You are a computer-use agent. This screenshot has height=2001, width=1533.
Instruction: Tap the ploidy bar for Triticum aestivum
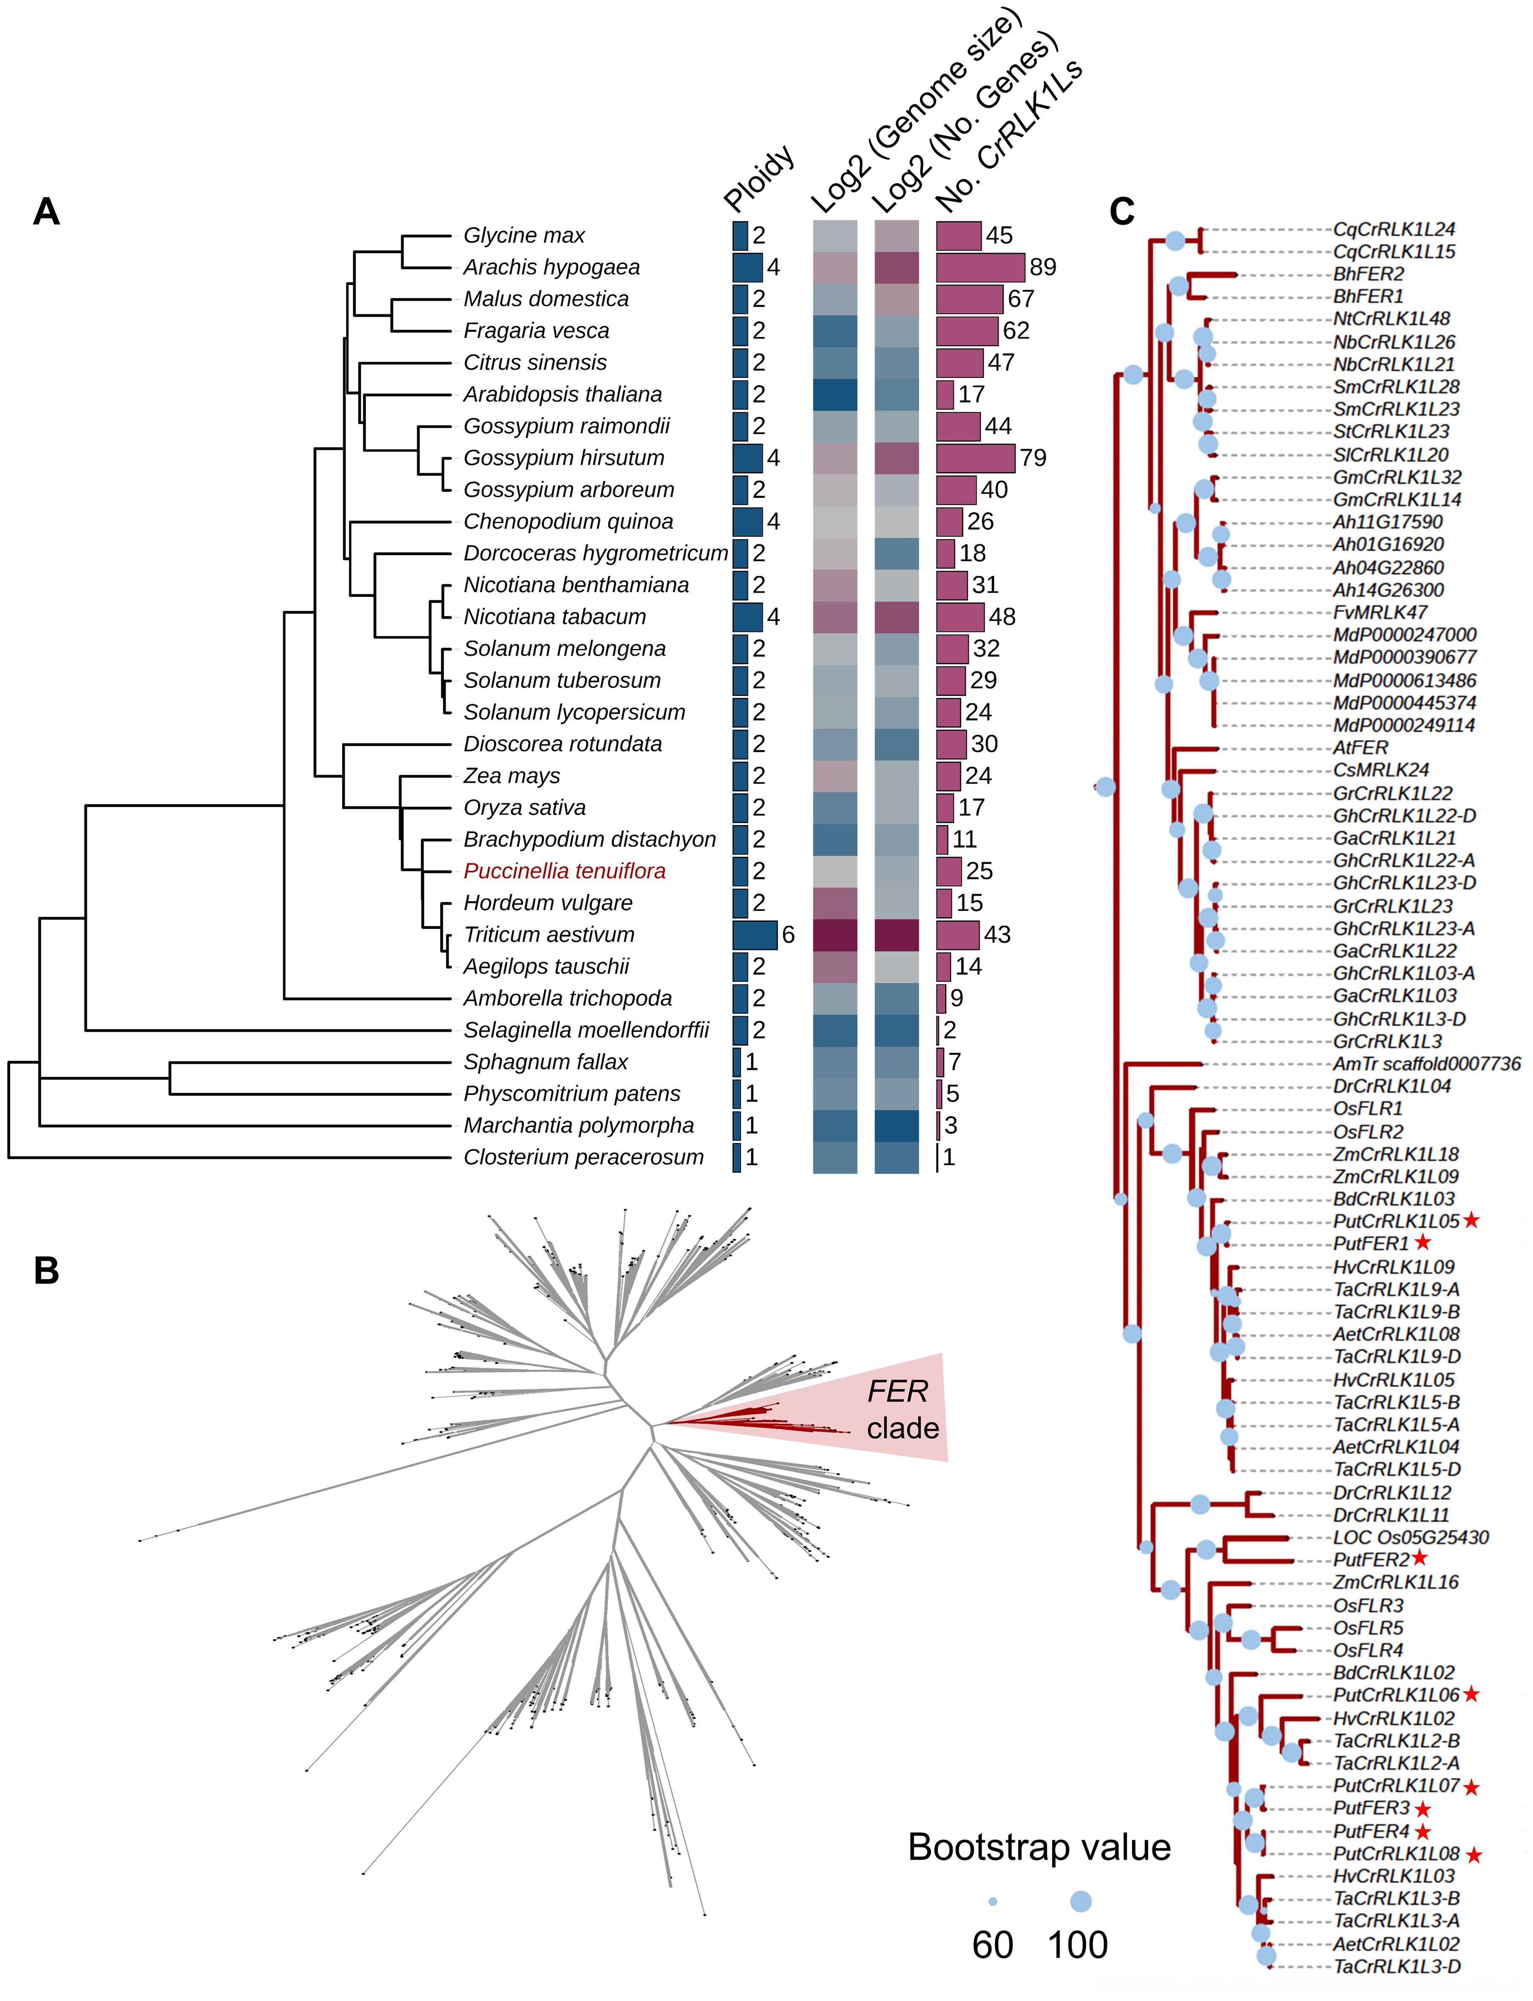(755, 934)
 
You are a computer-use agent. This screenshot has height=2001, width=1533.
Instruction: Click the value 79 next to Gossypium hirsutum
(1033, 458)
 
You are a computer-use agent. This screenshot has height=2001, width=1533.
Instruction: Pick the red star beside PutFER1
(1422, 1243)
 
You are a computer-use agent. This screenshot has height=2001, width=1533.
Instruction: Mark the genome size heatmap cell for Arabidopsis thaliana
(835, 394)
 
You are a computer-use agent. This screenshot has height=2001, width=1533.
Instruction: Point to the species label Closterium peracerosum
(583, 1157)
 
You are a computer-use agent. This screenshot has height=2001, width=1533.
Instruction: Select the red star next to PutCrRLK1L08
(1473, 1855)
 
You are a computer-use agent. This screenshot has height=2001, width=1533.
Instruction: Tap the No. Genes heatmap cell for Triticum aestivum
(896, 934)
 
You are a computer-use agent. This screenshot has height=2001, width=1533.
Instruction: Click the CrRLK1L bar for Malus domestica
(969, 299)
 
